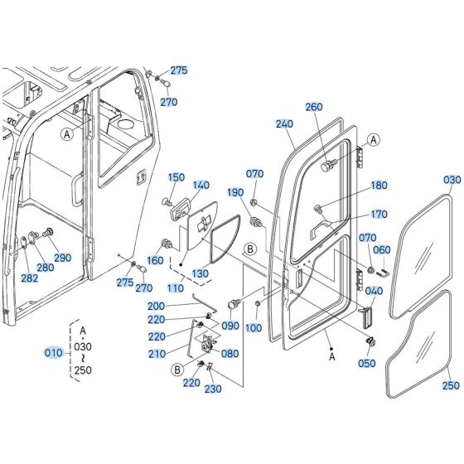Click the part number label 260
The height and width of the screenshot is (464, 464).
click(x=313, y=106)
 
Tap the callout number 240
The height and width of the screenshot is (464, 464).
click(x=285, y=123)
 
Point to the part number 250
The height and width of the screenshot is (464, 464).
click(x=450, y=385)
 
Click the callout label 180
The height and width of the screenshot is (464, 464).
click(x=378, y=186)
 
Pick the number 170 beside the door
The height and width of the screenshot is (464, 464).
click(x=378, y=215)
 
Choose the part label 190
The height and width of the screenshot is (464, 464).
click(x=235, y=191)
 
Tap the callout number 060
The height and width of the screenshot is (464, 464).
click(x=381, y=250)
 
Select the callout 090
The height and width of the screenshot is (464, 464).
click(x=230, y=326)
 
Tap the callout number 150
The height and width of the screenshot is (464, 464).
click(x=176, y=176)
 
